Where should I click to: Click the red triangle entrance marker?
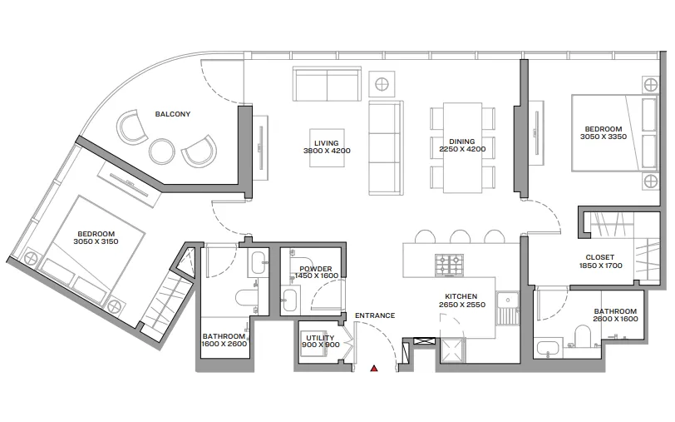point(375,367)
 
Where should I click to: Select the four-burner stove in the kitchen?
point(450,264)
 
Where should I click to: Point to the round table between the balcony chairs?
point(161,151)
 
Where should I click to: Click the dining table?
point(461,146)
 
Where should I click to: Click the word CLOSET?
point(599,257)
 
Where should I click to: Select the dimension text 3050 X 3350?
point(605,137)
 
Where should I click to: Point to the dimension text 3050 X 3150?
point(96,241)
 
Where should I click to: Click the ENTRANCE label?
point(374,315)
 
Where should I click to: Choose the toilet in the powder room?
point(290,300)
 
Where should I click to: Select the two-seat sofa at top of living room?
point(326,85)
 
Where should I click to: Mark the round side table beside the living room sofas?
point(383,84)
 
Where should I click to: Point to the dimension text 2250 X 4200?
point(461,151)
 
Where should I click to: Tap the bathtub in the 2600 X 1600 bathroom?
point(548,349)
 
